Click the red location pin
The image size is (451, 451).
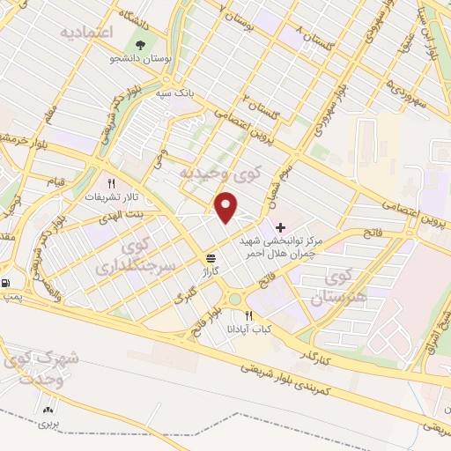point(227,208)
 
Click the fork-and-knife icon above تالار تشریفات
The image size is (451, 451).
point(110,184)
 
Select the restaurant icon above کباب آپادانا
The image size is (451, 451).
point(250,315)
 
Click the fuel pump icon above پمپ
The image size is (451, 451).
point(8,284)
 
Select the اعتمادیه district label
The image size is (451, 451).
point(90,32)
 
